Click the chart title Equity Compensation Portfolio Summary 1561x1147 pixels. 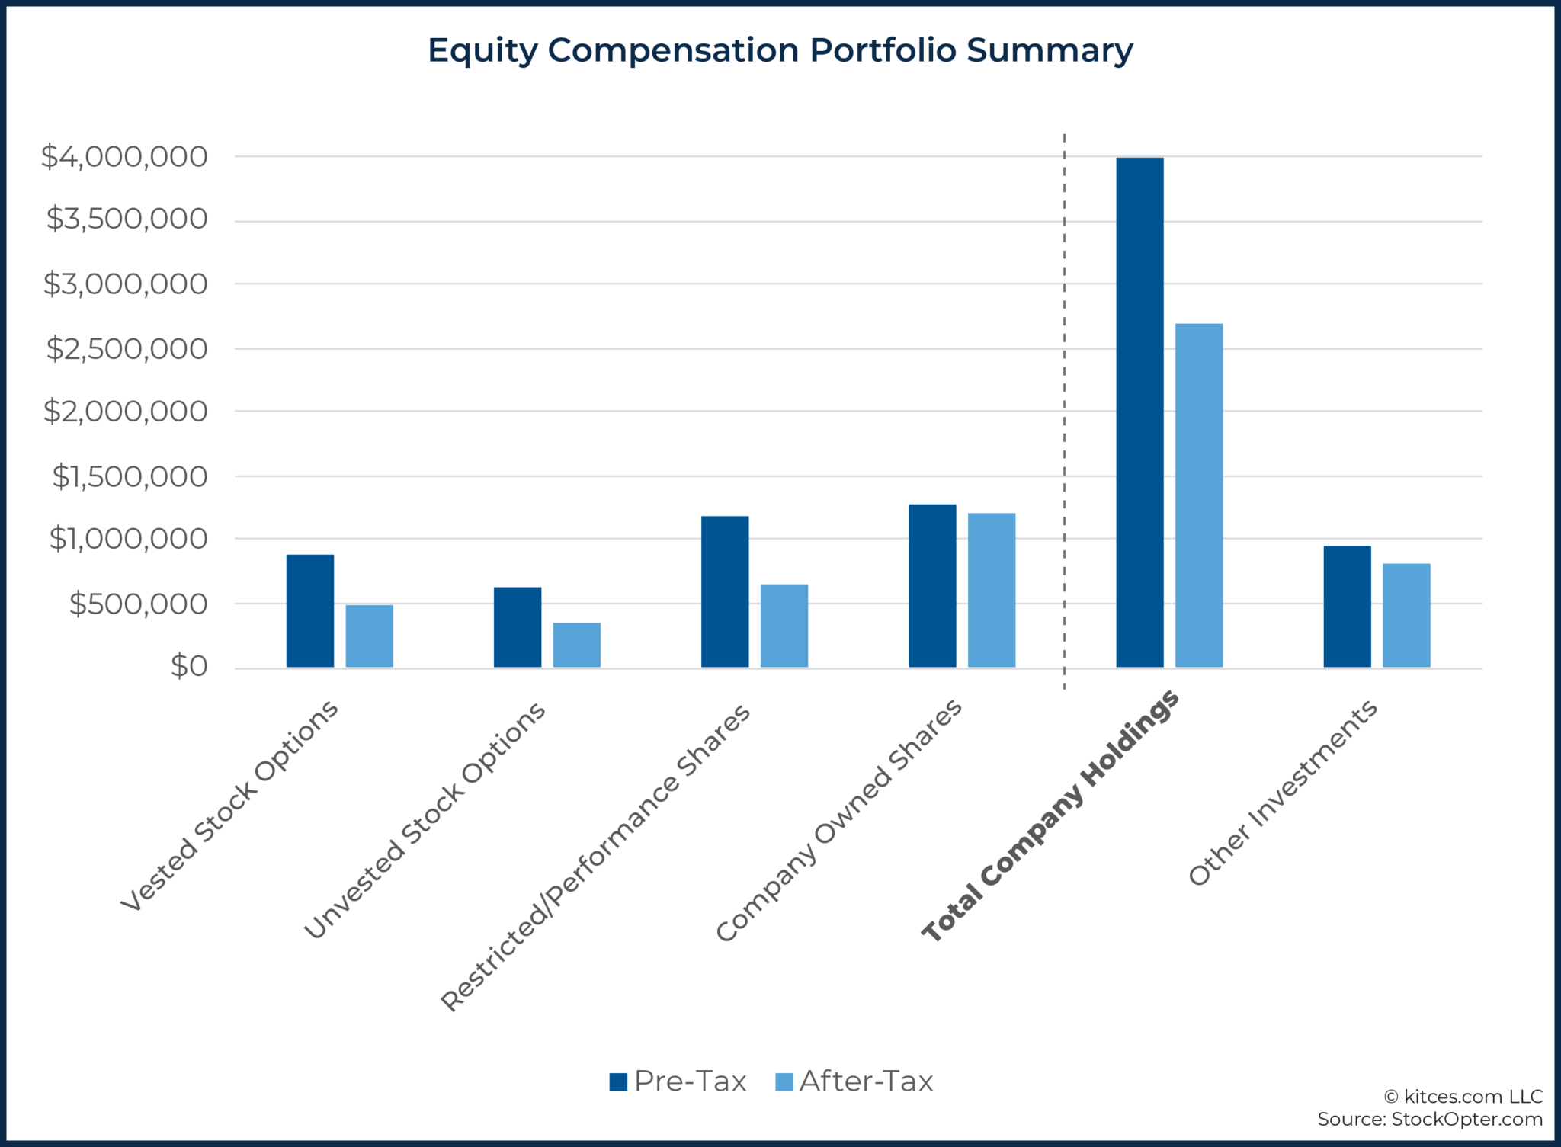(780, 50)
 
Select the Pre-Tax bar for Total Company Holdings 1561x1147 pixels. (1139, 412)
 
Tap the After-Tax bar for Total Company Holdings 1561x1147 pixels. (1199, 495)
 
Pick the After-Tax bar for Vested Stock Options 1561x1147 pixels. (370, 636)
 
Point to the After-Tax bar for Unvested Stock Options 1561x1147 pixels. (577, 646)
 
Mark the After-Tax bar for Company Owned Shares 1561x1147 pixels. (992, 591)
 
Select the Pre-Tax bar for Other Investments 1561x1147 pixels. (1347, 607)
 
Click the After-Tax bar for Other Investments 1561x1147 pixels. (1406, 616)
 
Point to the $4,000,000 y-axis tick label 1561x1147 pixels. (124, 157)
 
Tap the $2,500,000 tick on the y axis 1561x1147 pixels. (127, 349)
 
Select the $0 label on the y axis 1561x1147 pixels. (189, 667)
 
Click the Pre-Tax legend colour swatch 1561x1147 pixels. (618, 1081)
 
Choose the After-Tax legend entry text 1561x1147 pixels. (866, 1081)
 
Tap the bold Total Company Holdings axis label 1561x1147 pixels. (1051, 817)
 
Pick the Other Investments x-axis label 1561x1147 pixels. (1284, 793)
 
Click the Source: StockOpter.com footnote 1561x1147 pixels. (1430, 1119)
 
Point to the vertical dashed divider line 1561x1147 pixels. (1064, 381)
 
